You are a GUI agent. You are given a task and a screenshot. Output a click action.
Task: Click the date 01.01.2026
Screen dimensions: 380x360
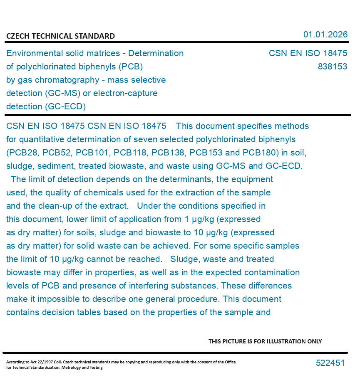click(325, 35)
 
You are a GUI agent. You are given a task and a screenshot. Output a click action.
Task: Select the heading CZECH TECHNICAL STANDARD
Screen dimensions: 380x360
click(60, 36)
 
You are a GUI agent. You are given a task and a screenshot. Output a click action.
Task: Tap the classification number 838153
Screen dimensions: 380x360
click(332, 67)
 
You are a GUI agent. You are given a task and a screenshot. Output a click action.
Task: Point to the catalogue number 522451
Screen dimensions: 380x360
click(330, 363)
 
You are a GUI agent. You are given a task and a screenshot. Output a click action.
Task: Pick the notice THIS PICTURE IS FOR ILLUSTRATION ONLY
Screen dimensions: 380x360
click(265, 341)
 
